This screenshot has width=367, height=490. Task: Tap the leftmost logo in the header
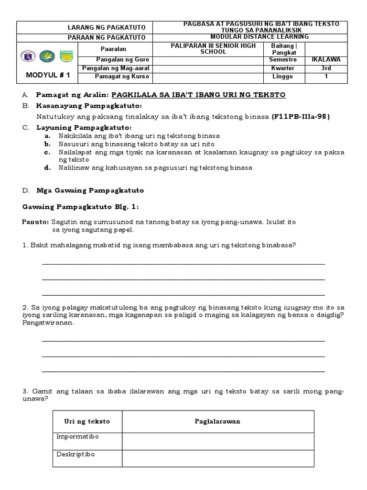(28, 56)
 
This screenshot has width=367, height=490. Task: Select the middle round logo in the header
(47, 56)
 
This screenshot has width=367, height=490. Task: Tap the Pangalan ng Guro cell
(121, 60)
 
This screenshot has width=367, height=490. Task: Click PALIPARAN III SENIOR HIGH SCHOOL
(214, 48)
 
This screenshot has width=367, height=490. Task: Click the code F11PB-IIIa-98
(301, 116)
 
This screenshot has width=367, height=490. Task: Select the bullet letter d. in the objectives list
(47, 168)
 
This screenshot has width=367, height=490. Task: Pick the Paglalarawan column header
(217, 422)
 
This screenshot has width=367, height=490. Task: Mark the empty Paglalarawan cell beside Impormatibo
(218, 441)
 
